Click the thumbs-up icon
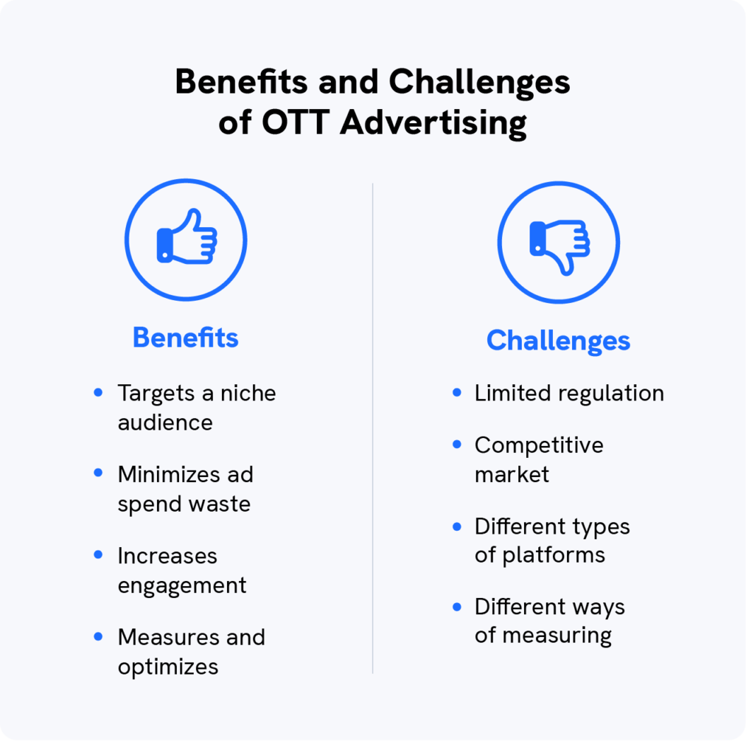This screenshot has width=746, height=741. point(186,239)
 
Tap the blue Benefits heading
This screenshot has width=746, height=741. point(185,338)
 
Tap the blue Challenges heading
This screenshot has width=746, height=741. point(558,340)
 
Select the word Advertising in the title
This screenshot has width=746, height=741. point(433,123)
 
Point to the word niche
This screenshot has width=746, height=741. point(246,393)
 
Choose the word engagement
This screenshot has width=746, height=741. point(182,586)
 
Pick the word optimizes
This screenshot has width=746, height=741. point(168,667)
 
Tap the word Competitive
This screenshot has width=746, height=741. point(539,445)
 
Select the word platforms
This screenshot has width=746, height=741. point(554,555)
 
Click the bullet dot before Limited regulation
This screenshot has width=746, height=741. point(457,392)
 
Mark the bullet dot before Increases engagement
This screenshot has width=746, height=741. point(98,555)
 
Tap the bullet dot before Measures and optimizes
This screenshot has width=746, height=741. point(98,636)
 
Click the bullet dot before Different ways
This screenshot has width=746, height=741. point(457,607)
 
